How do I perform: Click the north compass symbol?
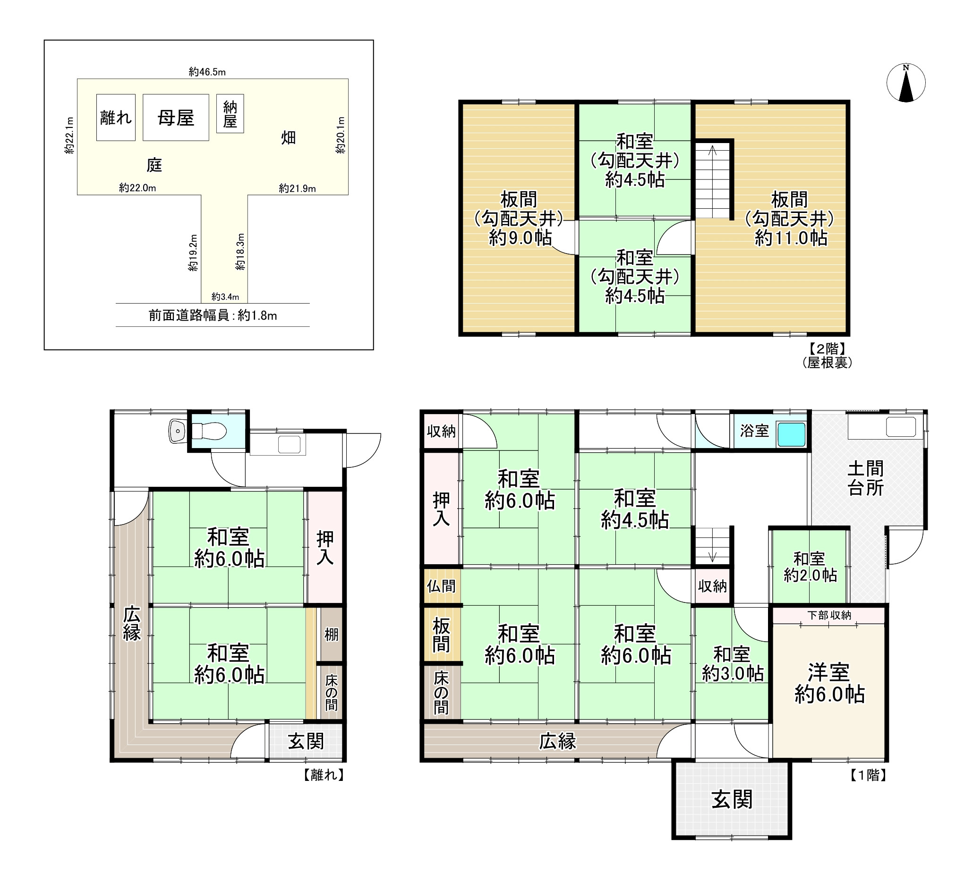tap(906, 83)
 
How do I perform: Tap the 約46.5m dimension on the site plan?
tap(207, 72)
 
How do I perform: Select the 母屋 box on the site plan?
tap(176, 117)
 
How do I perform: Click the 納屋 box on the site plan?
tap(230, 113)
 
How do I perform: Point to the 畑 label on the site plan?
tap(288, 138)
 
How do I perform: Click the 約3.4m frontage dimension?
tap(225, 296)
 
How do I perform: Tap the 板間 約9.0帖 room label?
tap(519, 218)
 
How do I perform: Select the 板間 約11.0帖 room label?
tap(790, 218)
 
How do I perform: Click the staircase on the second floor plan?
tap(712, 181)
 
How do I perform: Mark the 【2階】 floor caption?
tap(827, 348)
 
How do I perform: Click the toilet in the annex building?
tap(209, 431)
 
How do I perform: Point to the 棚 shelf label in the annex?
tap(331, 635)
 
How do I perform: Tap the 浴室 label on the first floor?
tap(754, 431)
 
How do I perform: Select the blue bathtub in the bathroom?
tap(791, 434)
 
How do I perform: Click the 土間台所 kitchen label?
tap(865, 478)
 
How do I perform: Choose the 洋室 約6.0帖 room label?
tap(828, 683)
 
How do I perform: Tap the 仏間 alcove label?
tap(441, 586)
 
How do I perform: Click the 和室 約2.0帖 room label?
tap(810, 567)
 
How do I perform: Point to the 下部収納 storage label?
tap(829, 615)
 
